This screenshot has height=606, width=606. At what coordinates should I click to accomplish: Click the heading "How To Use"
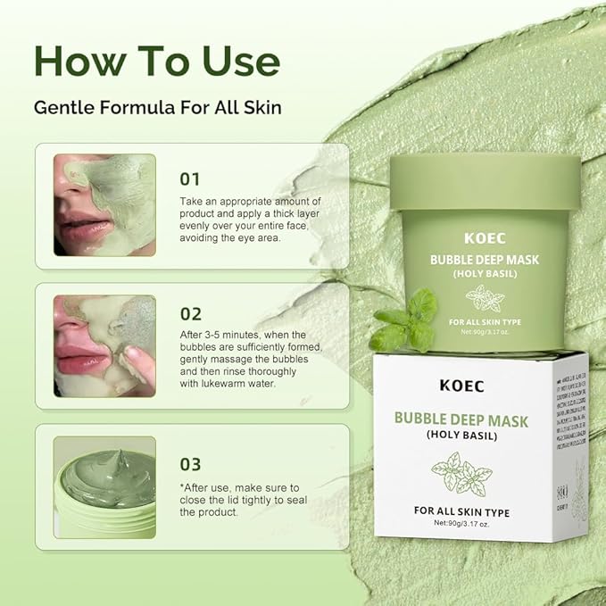(x=156, y=60)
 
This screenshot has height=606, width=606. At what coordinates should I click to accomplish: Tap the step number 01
(x=190, y=178)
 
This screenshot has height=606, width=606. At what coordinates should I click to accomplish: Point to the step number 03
(x=191, y=464)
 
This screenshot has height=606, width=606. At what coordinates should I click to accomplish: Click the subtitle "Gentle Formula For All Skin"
(x=158, y=108)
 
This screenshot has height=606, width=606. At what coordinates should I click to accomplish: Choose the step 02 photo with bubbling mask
(x=104, y=345)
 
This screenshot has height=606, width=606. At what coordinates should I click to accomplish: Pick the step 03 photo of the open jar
(x=104, y=486)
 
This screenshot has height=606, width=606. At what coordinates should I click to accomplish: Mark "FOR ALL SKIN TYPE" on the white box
(x=462, y=511)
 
